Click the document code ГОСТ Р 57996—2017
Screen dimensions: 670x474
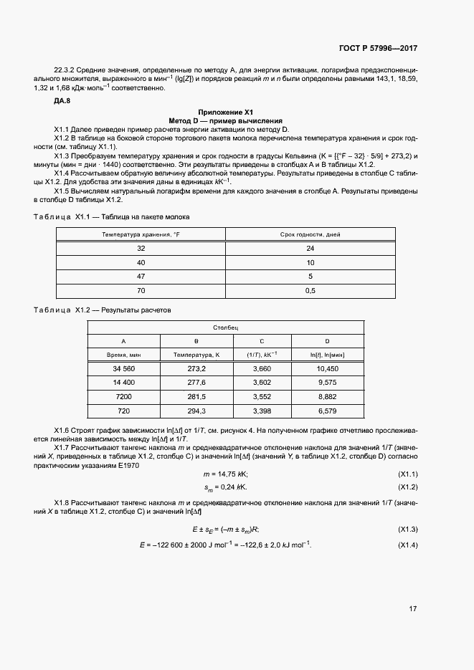coord(377,48)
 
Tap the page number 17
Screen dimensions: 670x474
coord(413,609)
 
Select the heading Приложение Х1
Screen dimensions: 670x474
coord(227,113)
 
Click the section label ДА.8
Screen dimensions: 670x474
coord(62,101)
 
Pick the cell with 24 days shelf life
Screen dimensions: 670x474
coord(311,249)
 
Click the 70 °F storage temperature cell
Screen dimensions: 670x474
coord(141,290)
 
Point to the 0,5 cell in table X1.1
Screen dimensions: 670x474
coord(311,290)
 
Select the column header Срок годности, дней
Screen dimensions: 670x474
coord(311,234)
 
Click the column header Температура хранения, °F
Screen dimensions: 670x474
coord(141,234)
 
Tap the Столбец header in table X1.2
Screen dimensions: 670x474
coord(227,327)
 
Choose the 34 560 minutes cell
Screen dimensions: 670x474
coord(123,368)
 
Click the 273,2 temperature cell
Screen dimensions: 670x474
coord(196,368)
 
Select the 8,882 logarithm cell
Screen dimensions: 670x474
coord(327,396)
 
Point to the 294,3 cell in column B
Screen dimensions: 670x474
coord(196,411)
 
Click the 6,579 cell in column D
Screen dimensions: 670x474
coord(327,411)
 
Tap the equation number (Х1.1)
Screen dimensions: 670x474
coord(407,474)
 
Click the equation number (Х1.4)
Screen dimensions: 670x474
coord(407,545)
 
